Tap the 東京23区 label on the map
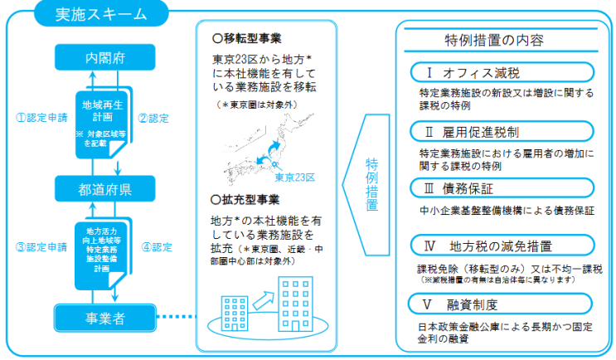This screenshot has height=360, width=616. click(x=295, y=176)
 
